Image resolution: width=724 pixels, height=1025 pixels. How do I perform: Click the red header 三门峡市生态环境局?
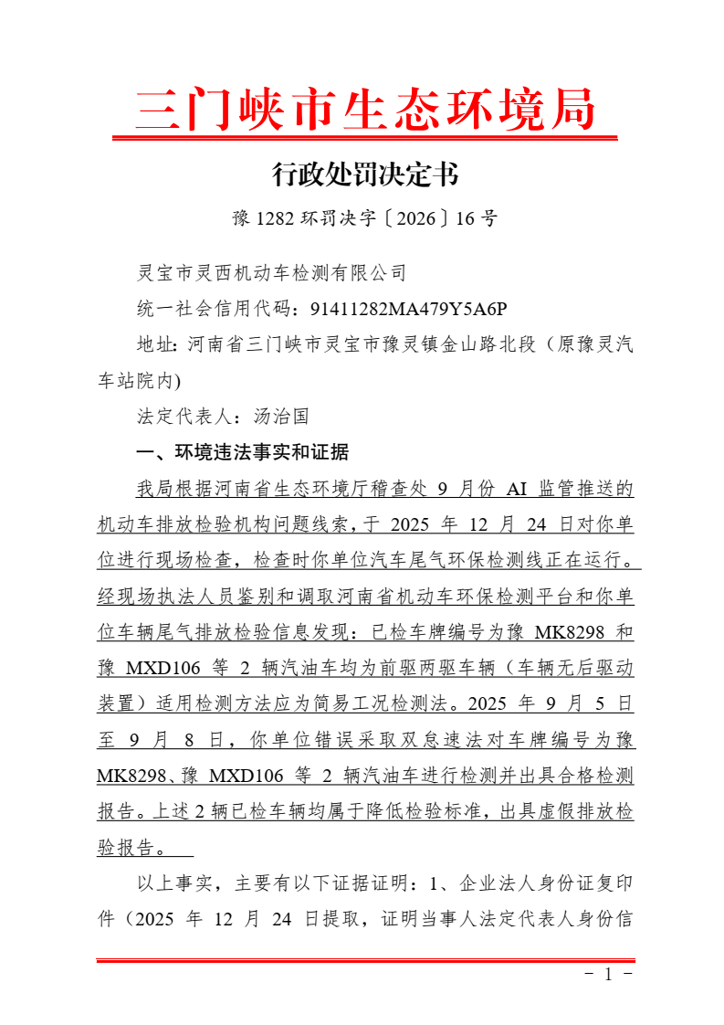[x=365, y=111]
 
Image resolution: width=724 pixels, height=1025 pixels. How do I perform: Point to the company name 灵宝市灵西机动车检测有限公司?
[x=270, y=272]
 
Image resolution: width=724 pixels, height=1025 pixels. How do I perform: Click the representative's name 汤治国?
[x=280, y=417]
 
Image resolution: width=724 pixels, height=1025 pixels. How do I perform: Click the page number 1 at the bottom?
[x=608, y=974]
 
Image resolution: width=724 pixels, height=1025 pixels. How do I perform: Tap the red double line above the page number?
[x=365, y=960]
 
